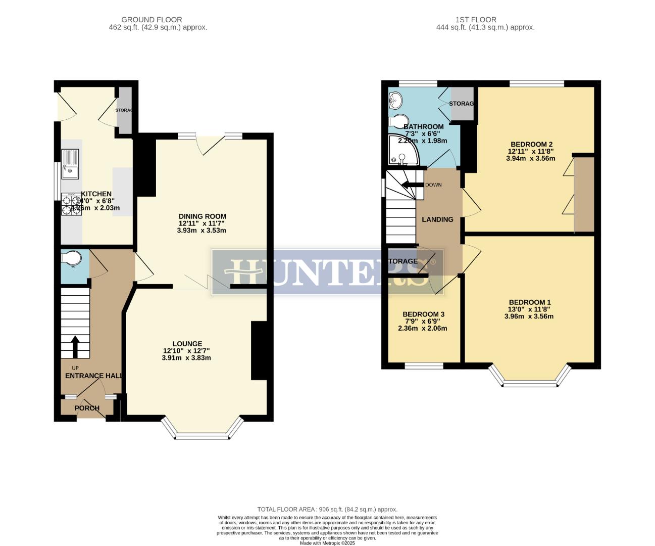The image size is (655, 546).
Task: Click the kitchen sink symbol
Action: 70,164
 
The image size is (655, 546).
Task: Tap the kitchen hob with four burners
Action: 71,205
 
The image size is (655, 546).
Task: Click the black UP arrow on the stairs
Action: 75,347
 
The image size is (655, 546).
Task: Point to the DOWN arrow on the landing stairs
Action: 412,184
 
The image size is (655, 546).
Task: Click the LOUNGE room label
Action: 187,344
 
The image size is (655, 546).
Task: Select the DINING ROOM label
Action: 202,216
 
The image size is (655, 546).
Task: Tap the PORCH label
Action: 87,408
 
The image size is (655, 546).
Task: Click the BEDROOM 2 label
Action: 530,144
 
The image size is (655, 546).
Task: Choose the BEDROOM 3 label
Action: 423,314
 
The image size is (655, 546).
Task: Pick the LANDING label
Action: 437,219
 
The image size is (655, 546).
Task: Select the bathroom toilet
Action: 398,121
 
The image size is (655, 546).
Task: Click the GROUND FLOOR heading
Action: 159,20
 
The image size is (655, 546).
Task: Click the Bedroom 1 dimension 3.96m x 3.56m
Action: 529,317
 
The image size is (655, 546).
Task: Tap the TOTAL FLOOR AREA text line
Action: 327,510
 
